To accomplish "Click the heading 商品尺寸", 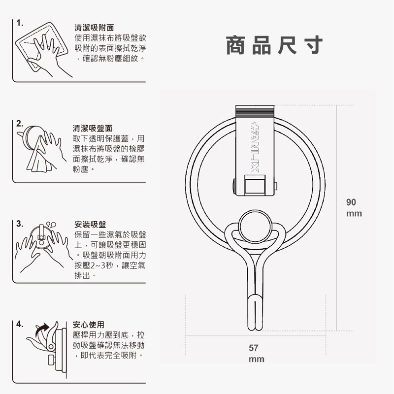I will click(274, 46).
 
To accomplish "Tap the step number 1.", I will click(19, 24).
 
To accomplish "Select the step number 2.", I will click(19, 123).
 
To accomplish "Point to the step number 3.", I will click(19, 223).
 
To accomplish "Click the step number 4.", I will click(19, 324).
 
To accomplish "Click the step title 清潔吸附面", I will click(94, 28).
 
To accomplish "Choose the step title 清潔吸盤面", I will click(93, 128).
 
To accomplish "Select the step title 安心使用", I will click(89, 325).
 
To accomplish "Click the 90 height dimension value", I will click(351, 202).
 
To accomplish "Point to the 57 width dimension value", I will click(253, 348).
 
